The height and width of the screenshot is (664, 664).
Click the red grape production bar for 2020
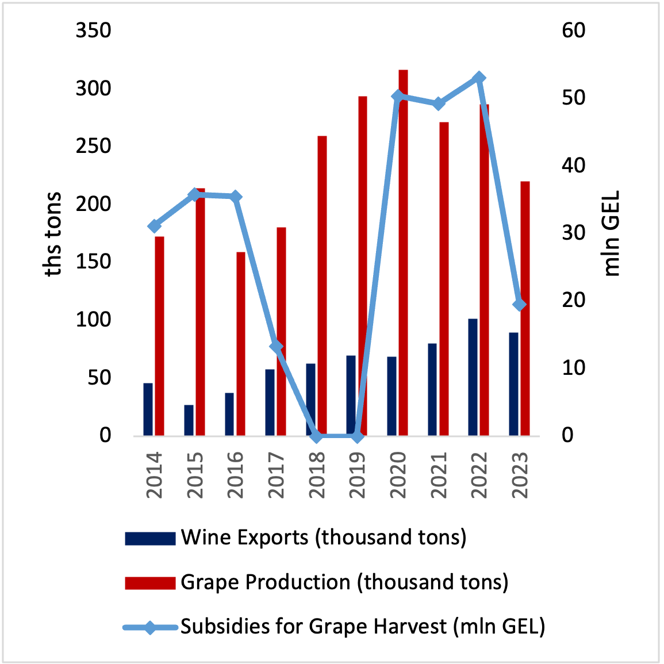pos(403,253)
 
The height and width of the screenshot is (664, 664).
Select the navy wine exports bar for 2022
pos(473,377)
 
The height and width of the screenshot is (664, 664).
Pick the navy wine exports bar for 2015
pos(189,420)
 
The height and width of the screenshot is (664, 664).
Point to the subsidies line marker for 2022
pos(480,78)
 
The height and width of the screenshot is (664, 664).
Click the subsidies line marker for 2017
pos(277,347)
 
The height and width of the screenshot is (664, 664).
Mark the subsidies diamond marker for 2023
pos(520,304)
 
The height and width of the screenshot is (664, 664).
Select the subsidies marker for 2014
pos(155,226)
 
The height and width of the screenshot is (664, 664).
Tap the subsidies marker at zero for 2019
pos(357,436)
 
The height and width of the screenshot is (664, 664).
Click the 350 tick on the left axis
pos(93,30)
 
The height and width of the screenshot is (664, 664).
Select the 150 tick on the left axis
pos(93,262)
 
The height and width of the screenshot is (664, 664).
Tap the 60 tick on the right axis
pos(573,30)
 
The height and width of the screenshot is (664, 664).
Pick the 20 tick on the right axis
pos(573,300)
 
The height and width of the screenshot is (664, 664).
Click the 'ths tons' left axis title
pos(53,234)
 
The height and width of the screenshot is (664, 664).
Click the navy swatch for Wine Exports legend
pos(150,538)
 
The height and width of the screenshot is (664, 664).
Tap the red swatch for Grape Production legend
pos(150,583)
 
